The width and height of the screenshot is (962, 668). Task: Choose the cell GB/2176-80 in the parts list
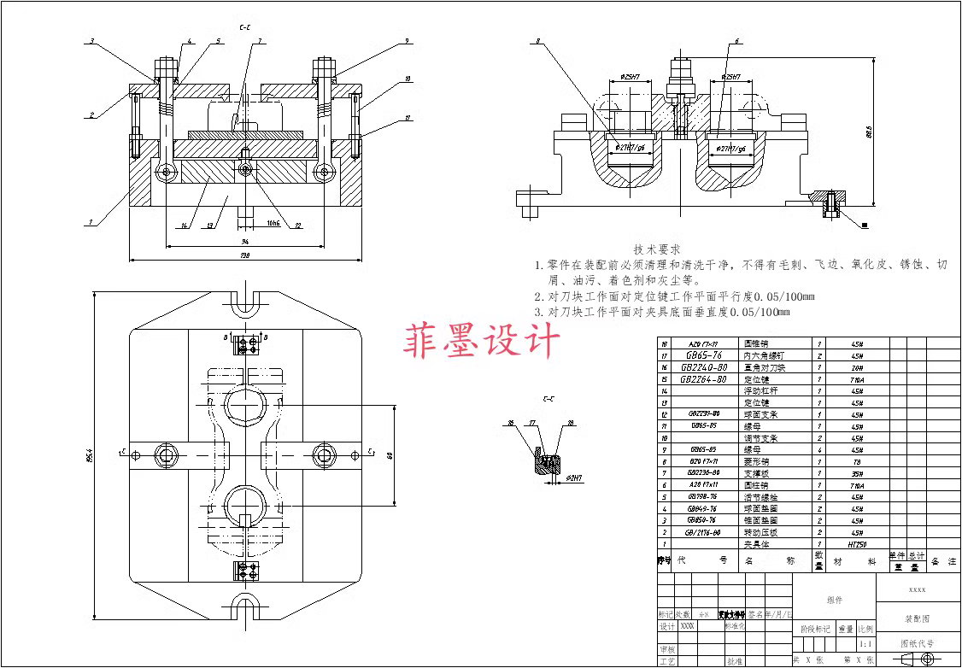pyautogui.click(x=703, y=531)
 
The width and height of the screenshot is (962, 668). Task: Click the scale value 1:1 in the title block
pyautogui.click(x=865, y=643)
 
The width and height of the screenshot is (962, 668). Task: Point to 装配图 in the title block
pyautogui.click(x=918, y=617)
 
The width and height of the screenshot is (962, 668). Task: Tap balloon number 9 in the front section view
pyautogui.click(x=407, y=41)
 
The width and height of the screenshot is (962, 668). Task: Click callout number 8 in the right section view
pyautogui.click(x=538, y=41)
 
